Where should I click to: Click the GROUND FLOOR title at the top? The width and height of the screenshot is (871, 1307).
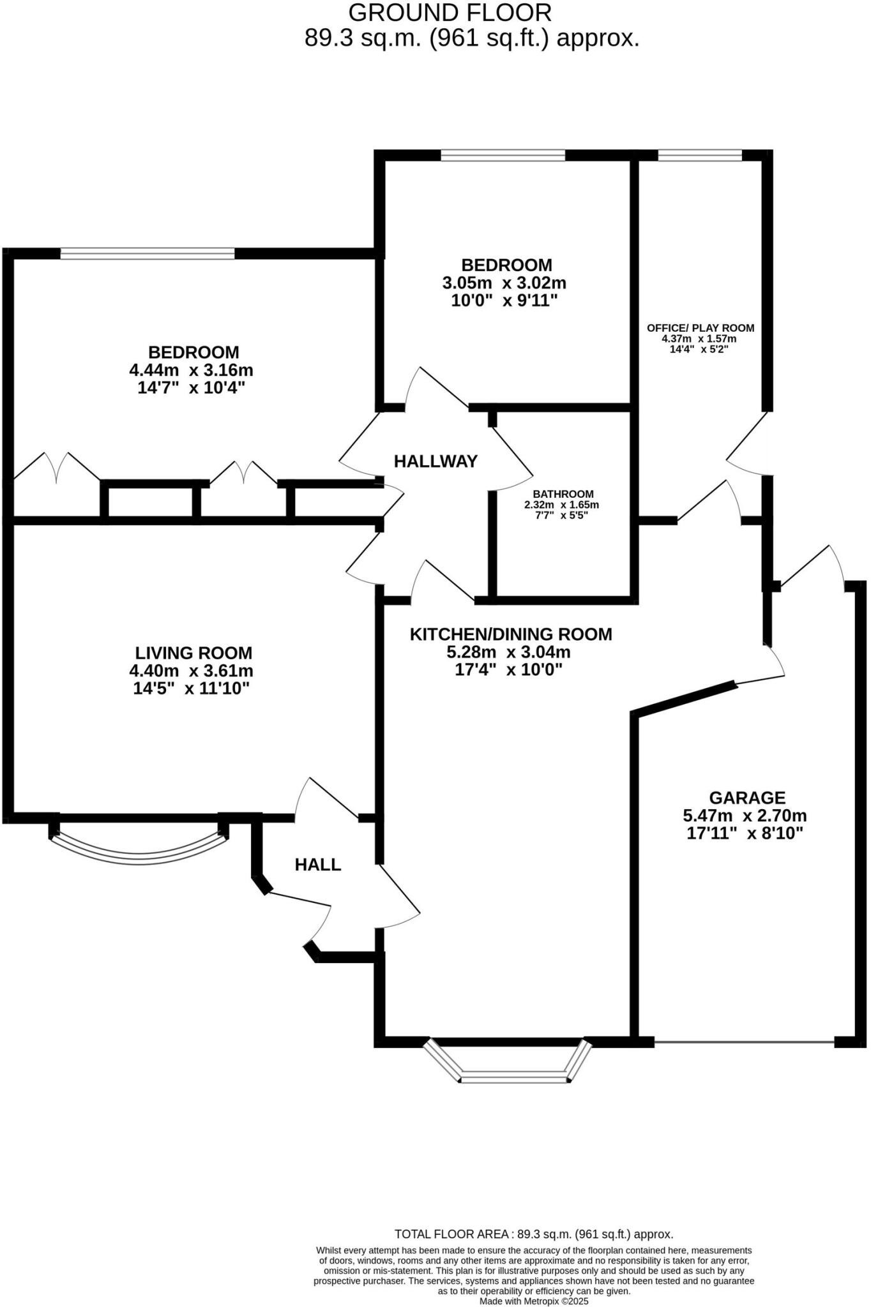pyautogui.click(x=450, y=13)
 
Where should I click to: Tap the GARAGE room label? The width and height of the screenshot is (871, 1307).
pyautogui.click(x=746, y=798)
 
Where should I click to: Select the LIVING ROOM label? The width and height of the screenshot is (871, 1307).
pyautogui.click(x=193, y=653)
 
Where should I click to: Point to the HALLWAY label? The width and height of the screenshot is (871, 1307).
pyautogui.click(x=435, y=461)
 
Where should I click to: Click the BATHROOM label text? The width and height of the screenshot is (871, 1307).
pyautogui.click(x=563, y=494)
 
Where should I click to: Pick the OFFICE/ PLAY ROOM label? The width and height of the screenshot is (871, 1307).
pyautogui.click(x=700, y=328)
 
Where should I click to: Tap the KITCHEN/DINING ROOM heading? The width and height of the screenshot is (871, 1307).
pyautogui.click(x=510, y=634)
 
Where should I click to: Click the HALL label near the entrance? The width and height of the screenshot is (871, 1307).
pyautogui.click(x=317, y=865)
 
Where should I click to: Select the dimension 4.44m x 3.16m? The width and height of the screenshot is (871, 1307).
pyautogui.click(x=191, y=370)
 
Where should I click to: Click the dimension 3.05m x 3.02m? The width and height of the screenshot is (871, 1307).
pyautogui.click(x=504, y=283)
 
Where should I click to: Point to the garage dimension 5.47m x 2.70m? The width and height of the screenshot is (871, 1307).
pyautogui.click(x=745, y=816)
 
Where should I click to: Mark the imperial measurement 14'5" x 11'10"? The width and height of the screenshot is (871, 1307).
pyautogui.click(x=191, y=689)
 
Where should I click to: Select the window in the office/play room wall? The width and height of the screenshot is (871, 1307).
pyautogui.click(x=699, y=155)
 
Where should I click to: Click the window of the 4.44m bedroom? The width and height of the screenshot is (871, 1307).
pyautogui.click(x=148, y=253)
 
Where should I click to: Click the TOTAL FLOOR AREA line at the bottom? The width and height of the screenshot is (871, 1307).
pyautogui.click(x=534, y=1234)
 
